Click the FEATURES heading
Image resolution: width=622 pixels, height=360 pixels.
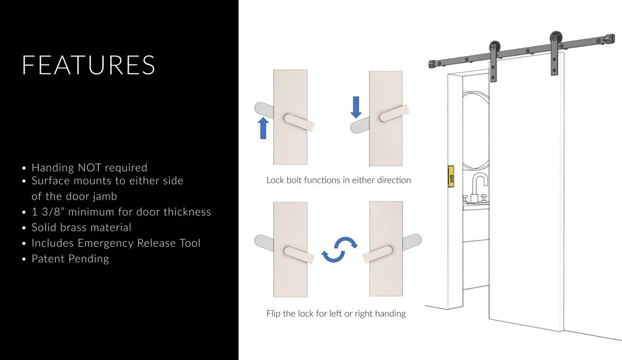(88, 65)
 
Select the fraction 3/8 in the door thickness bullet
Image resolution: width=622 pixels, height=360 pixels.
(52, 212)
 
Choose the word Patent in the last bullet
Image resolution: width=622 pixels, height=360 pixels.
(48, 258)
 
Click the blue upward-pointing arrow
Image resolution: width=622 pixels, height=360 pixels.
(263, 128)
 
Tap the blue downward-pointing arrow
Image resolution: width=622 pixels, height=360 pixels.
(356, 107)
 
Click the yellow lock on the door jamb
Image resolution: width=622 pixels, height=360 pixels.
(450, 176)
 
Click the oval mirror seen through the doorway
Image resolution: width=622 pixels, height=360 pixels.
(476, 131)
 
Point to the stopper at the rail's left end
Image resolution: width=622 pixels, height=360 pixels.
(432, 65)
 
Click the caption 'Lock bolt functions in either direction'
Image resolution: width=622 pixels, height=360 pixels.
(339, 180)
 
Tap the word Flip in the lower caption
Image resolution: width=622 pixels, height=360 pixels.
(273, 313)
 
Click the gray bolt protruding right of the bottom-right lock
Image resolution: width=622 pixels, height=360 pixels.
(412, 242)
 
